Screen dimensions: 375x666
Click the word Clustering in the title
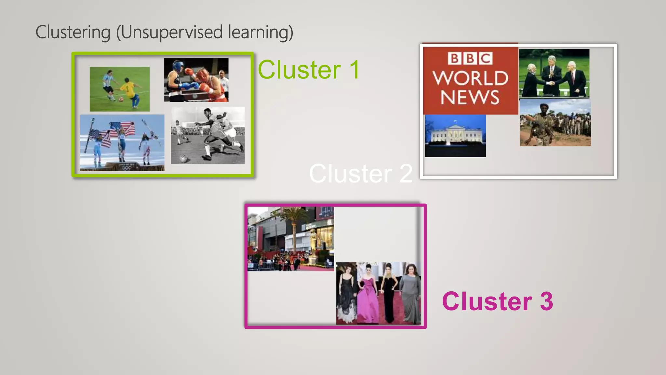click(73, 33)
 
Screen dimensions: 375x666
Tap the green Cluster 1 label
click(309, 70)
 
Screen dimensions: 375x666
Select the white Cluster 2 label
click(361, 174)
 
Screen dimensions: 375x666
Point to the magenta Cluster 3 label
click(498, 301)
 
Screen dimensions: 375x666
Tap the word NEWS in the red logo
click(470, 97)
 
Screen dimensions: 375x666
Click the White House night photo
click(455, 136)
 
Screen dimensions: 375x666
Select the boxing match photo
click(196, 80)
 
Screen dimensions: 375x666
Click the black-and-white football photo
click(208, 135)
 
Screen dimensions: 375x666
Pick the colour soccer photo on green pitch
click(120, 89)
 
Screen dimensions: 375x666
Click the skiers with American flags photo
click(122, 143)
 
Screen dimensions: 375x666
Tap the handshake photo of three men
click(554, 73)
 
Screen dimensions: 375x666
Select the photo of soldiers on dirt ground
click(555, 123)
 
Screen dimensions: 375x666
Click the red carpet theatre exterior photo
click(291, 239)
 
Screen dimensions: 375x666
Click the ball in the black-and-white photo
click(183, 159)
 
